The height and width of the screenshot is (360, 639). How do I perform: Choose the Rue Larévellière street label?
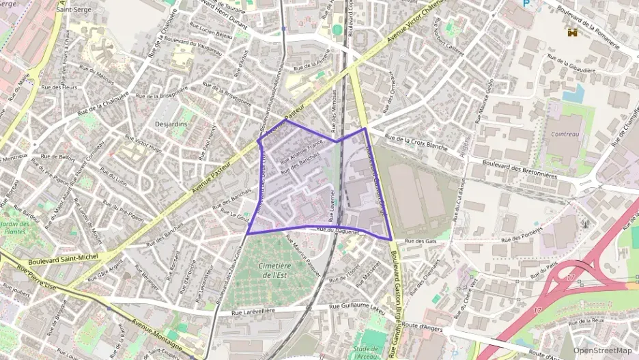pyautogui.click(x=257, y=311)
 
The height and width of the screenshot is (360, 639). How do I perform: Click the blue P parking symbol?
pyautogui.click(x=526, y=3)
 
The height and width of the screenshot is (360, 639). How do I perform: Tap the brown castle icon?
pyautogui.click(x=571, y=31)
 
